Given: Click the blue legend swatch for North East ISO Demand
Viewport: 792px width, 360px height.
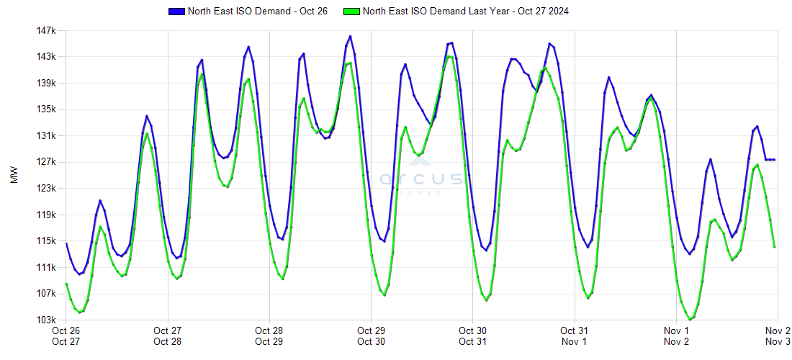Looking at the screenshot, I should tap(176, 12).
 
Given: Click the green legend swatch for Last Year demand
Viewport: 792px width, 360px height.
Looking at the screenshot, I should tap(352, 12).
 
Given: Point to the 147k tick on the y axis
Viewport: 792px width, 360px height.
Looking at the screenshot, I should tap(46, 31).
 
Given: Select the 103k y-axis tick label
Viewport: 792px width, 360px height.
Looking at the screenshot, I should tap(46, 320).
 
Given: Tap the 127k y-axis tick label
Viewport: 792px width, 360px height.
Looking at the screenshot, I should tap(46, 162).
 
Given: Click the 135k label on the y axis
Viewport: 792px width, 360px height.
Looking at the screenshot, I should tap(46, 109).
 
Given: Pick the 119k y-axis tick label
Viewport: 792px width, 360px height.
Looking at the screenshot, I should tap(46, 215).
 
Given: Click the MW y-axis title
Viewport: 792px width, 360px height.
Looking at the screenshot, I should tap(14, 176).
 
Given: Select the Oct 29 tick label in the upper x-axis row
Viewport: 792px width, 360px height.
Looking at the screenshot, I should tap(370, 330).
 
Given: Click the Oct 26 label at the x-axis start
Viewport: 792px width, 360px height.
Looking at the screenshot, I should tap(66, 330).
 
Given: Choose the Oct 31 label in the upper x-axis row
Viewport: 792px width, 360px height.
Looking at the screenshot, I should tap(574, 330).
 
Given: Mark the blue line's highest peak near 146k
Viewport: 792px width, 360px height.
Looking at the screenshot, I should tap(350, 36).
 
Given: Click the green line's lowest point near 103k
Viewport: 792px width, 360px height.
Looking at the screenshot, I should tap(690, 319).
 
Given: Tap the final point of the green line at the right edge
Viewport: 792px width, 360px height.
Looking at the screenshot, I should tap(774, 247).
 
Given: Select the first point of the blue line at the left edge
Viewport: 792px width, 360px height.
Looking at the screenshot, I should tap(66, 243).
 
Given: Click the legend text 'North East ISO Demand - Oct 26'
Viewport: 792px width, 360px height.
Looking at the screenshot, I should tap(257, 12).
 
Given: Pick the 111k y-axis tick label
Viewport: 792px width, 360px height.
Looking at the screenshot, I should tap(46, 267).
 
